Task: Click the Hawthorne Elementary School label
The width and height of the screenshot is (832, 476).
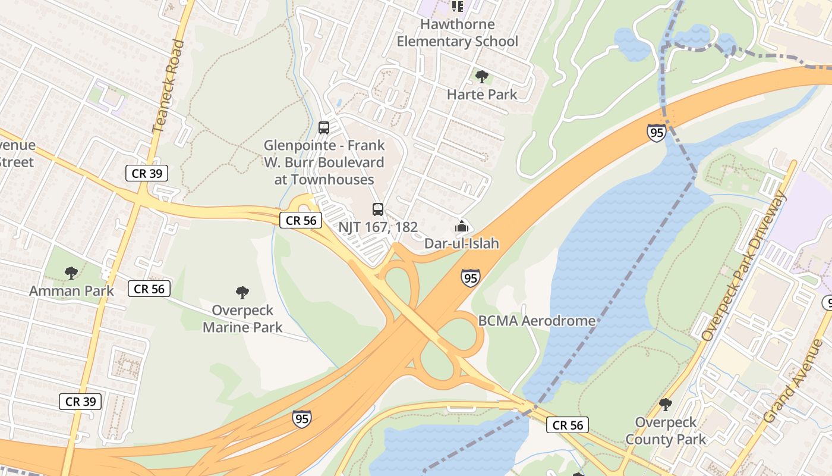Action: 457,33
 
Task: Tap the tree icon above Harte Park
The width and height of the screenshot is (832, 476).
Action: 482,76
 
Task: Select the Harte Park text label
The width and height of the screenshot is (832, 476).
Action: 482,94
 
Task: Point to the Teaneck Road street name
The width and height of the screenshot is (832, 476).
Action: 168,86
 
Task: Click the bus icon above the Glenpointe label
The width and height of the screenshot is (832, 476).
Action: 324,127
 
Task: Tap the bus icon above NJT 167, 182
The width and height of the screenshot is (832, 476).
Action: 378,209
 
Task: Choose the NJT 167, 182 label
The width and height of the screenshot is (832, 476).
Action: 378,227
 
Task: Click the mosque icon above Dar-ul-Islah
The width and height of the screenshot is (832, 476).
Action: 461,226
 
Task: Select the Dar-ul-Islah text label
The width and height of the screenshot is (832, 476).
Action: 461,243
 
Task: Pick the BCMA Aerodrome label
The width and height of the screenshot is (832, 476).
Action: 537,321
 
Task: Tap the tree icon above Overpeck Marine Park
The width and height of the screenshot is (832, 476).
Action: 242,292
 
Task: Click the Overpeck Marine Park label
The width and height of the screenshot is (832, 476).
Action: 242,318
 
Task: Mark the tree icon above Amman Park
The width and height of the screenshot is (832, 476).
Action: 71,273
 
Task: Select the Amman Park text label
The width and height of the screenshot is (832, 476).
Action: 71,291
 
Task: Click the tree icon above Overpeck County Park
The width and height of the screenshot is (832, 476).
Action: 666,405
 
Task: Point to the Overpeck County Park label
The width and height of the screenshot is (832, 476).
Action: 666,431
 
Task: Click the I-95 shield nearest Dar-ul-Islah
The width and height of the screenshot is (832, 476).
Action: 470,278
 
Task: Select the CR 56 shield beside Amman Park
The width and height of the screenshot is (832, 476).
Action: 149,289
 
